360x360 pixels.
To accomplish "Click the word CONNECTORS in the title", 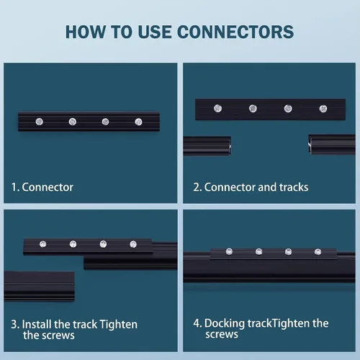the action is [235, 32].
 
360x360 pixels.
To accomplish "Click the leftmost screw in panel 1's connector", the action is [40, 122].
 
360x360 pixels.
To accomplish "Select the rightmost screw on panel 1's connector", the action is [138, 122].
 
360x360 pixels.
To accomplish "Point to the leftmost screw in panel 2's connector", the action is [217, 108].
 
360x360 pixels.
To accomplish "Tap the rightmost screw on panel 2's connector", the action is [323, 109].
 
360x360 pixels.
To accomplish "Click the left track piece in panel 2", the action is [207, 146].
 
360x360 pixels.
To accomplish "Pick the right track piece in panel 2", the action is [332, 145].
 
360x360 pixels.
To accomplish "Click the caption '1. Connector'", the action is [42, 187].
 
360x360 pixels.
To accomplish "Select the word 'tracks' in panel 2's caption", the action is [294, 187].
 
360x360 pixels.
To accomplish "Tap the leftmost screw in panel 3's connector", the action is [42, 244].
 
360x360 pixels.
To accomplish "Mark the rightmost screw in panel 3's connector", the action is [133, 244].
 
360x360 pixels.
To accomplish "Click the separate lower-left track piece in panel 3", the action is [39, 286].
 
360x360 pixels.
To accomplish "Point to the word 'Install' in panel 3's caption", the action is [37, 325].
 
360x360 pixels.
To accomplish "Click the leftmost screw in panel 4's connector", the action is [229, 251].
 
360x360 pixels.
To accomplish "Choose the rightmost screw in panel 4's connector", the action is [318, 252].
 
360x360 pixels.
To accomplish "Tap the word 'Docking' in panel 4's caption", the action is [225, 324].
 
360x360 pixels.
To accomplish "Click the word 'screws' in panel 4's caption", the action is [222, 334].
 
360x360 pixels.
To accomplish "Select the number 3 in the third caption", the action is [14, 325].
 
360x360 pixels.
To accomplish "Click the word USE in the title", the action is [155, 32].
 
